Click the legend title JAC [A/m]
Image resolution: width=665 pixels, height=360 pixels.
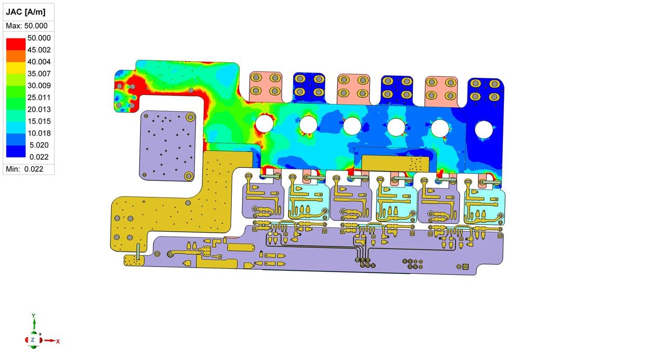(25, 12)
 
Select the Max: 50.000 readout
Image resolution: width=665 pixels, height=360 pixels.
(26, 26)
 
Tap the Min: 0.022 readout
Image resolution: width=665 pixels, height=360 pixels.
(24, 169)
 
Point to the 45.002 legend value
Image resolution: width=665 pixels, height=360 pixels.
(39, 50)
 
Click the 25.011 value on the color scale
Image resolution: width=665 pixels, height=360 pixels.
(39, 97)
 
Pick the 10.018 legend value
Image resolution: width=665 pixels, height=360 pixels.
(39, 133)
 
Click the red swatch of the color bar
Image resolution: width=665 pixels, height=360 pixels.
(16, 44)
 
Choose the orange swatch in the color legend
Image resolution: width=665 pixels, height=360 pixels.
(16, 56)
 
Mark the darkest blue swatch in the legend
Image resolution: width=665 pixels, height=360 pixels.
(16, 151)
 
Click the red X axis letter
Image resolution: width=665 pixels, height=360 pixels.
(58, 342)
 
